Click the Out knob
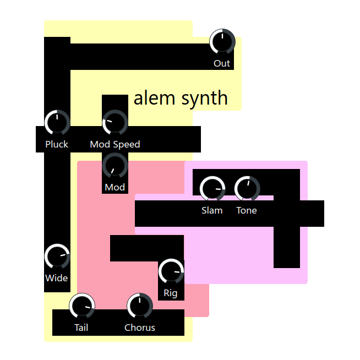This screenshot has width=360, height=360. click(x=222, y=42)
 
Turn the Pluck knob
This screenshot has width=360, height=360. click(x=57, y=122)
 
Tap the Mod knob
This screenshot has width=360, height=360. click(x=115, y=165)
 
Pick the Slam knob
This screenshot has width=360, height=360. click(x=212, y=189)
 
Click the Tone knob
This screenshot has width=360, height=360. click(x=247, y=189)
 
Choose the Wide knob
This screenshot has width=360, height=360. click(x=57, y=257)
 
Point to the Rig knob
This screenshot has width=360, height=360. click(x=171, y=271)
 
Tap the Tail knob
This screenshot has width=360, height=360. click(x=82, y=306)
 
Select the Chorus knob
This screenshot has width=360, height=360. click(x=140, y=306)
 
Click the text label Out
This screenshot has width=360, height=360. click(x=222, y=63)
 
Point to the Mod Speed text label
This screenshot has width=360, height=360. click(x=115, y=144)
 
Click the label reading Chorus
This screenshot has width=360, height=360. click(x=140, y=328)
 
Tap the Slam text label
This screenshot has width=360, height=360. click(x=212, y=210)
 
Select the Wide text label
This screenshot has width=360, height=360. click(x=57, y=278)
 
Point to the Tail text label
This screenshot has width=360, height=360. click(x=81, y=328)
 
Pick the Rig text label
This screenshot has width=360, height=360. click(x=171, y=293)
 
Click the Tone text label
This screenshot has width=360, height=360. click(x=247, y=210)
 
